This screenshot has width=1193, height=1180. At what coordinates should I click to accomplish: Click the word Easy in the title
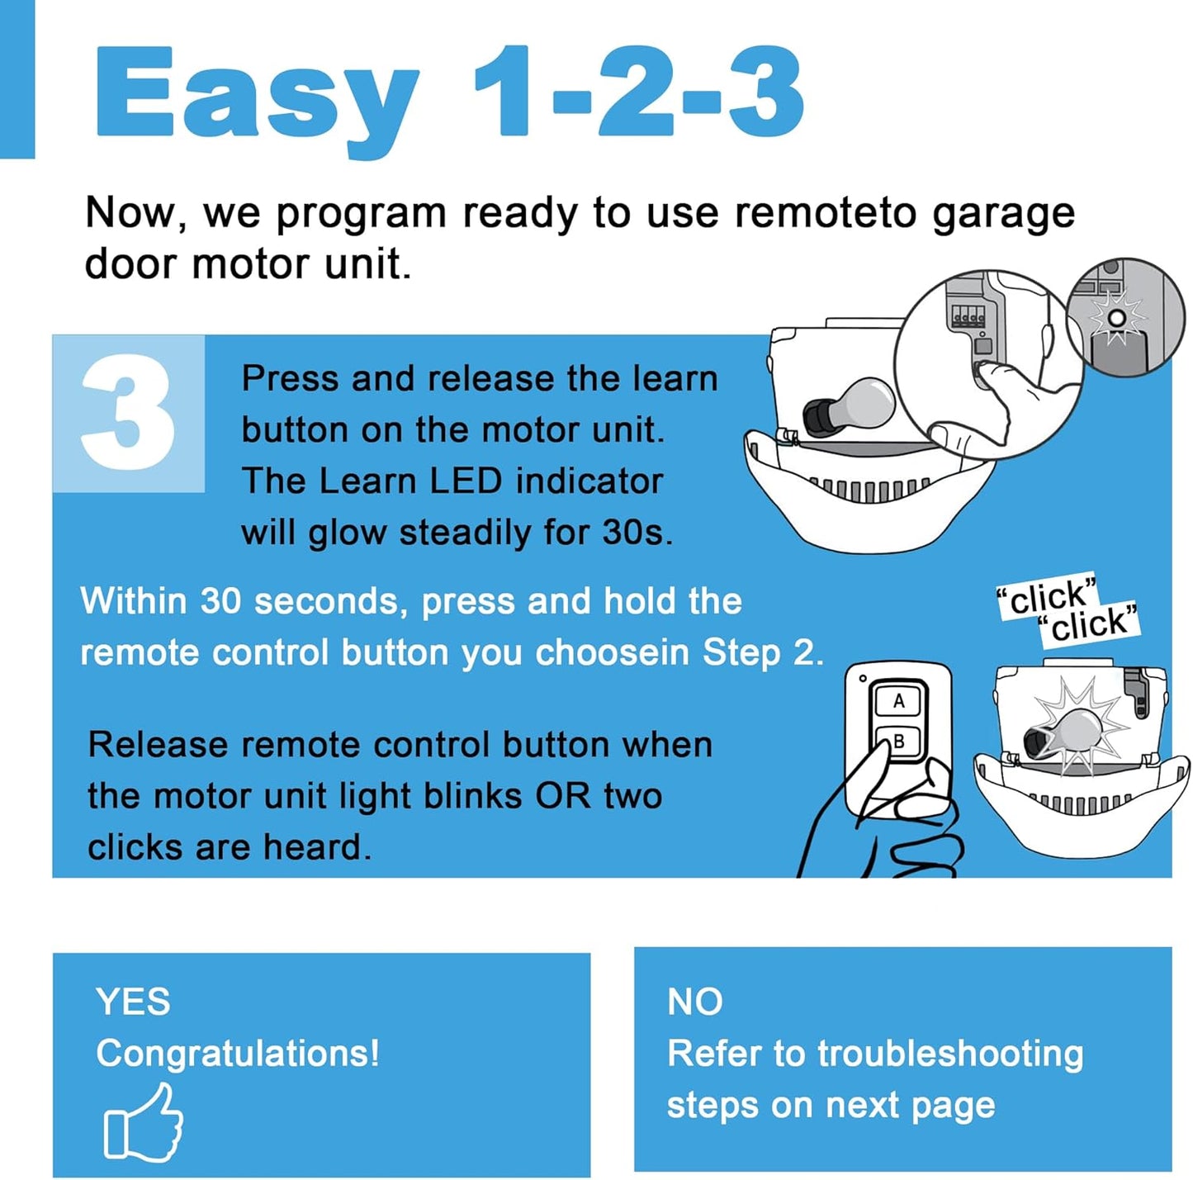point(256,95)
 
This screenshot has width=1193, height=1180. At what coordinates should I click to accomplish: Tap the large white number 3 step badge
point(128,412)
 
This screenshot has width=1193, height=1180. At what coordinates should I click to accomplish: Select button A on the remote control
point(898,702)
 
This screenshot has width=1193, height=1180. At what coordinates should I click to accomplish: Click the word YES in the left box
point(133,1002)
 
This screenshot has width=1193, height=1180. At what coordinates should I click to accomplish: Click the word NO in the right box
point(694,1002)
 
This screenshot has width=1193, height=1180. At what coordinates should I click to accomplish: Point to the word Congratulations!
point(238,1054)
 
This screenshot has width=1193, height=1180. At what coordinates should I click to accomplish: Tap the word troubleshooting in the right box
point(949,1054)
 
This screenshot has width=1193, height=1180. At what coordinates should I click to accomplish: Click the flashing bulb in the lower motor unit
point(1073,731)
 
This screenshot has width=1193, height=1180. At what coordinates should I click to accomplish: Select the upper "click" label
point(1047,595)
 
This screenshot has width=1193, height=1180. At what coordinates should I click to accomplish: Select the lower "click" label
point(1089,623)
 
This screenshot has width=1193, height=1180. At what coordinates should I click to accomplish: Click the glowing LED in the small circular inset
point(1116,318)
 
